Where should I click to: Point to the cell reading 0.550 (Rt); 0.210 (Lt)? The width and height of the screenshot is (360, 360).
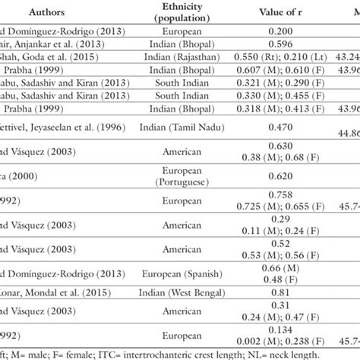(x=261, y=57)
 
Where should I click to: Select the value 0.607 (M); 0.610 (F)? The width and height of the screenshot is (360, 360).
(x=261, y=71)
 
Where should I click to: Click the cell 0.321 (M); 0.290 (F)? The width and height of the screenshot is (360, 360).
(x=261, y=84)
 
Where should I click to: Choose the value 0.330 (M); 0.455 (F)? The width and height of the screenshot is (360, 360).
(x=261, y=96)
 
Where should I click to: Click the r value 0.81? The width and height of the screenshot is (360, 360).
(x=261, y=292)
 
